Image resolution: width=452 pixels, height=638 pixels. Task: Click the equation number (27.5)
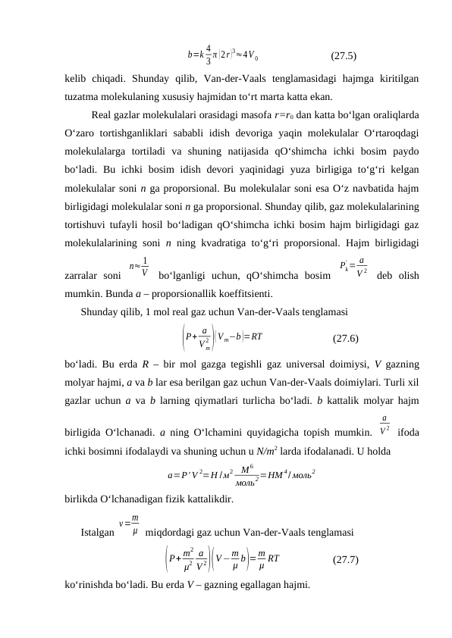(345, 55)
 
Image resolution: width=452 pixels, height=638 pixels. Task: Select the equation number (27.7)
(346, 560)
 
